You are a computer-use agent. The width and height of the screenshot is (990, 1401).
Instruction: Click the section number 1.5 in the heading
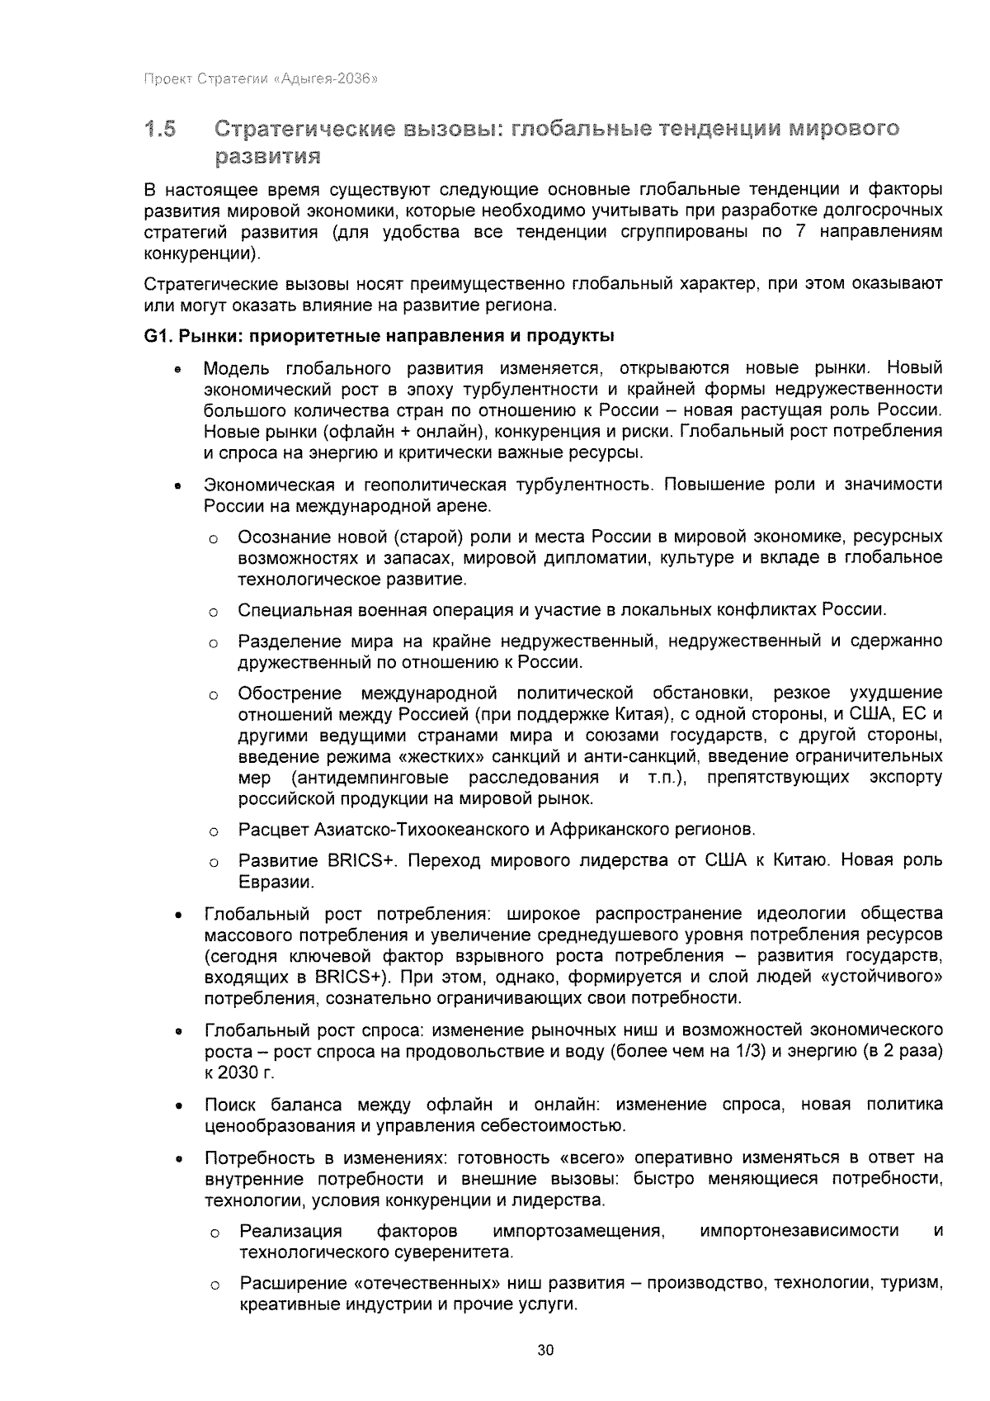click(159, 129)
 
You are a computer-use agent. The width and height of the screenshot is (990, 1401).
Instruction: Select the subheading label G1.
click(156, 336)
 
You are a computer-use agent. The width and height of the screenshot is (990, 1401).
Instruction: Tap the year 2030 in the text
click(235, 1073)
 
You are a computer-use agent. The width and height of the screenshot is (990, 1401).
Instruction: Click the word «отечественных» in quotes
click(428, 1284)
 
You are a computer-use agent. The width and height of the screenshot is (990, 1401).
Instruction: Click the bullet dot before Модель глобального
click(177, 372)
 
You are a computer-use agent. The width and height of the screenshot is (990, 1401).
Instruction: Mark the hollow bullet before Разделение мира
click(213, 643)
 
